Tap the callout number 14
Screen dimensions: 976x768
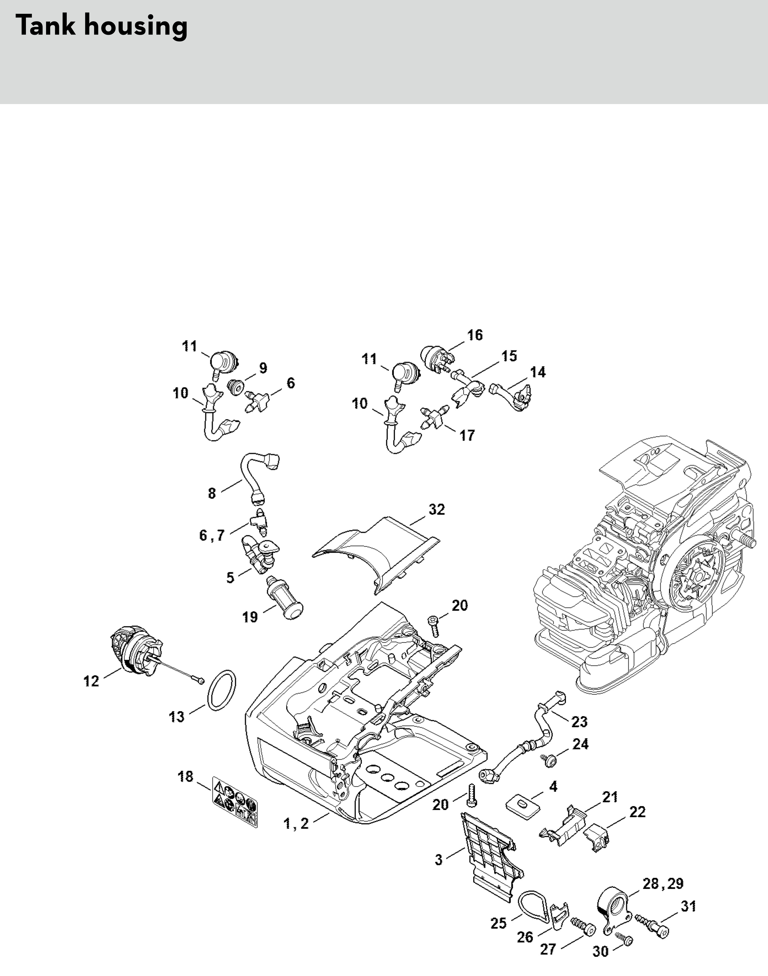point(538,372)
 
